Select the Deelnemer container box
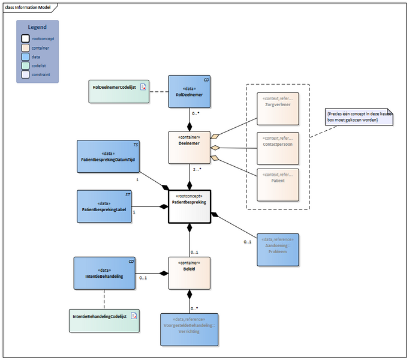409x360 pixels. click(189, 147)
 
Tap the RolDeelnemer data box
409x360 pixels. click(189, 92)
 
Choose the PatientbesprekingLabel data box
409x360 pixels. click(104, 206)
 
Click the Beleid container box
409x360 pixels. click(189, 274)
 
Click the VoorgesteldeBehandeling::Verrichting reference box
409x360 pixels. click(189, 329)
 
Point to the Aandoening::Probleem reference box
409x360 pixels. click(277, 250)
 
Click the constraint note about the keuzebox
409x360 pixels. click(359, 116)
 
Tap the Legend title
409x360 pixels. click(38, 27)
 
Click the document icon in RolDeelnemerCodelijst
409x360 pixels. click(143, 88)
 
